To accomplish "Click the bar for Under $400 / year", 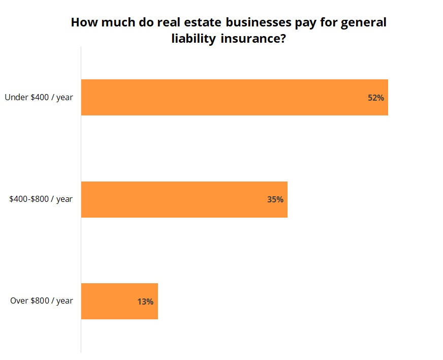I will [234, 97].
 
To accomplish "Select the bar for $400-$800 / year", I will [184, 199].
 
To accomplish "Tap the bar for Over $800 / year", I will [119, 301].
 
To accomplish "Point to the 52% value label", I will [376, 98].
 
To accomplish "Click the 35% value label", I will [275, 199].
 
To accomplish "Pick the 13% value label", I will [145, 302].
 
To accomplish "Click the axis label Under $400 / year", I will [39, 97].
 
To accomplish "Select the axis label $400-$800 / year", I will [41, 199].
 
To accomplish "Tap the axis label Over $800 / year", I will [42, 301].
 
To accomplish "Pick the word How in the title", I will [83, 23].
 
